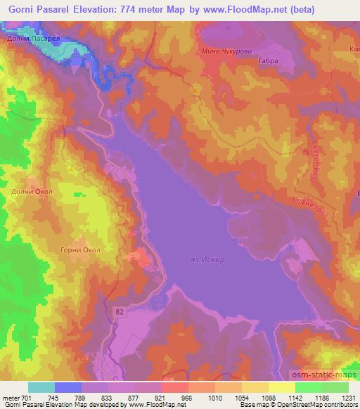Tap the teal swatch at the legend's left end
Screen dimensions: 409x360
click(41, 387)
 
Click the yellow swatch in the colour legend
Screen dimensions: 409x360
click(281, 387)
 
